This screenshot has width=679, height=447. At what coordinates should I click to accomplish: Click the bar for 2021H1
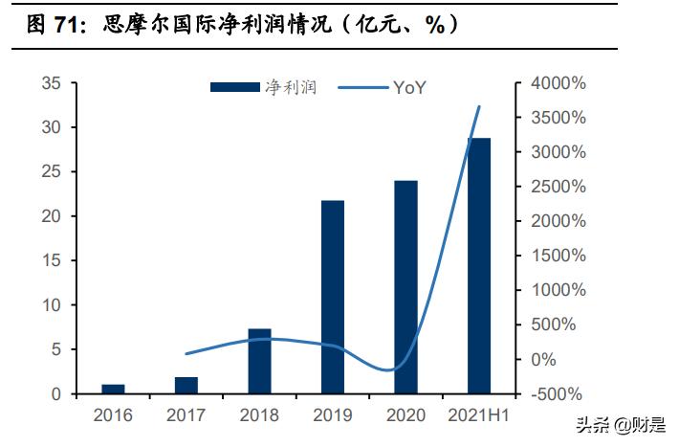point(478,266)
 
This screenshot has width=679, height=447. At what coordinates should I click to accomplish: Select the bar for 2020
point(405,287)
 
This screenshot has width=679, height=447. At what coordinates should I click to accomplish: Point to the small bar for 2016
point(113,389)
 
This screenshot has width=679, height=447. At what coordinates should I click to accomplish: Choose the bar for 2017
point(186,385)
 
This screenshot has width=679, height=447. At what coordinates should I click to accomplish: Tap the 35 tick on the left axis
point(52,83)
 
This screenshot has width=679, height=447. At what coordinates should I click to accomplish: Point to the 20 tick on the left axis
point(52,216)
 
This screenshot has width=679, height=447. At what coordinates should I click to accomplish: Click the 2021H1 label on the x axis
point(478,415)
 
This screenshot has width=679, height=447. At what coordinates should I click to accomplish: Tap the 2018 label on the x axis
point(259,415)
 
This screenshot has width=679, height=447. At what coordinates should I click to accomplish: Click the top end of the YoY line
point(479,106)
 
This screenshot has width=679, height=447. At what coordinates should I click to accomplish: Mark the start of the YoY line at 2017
point(186,354)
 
